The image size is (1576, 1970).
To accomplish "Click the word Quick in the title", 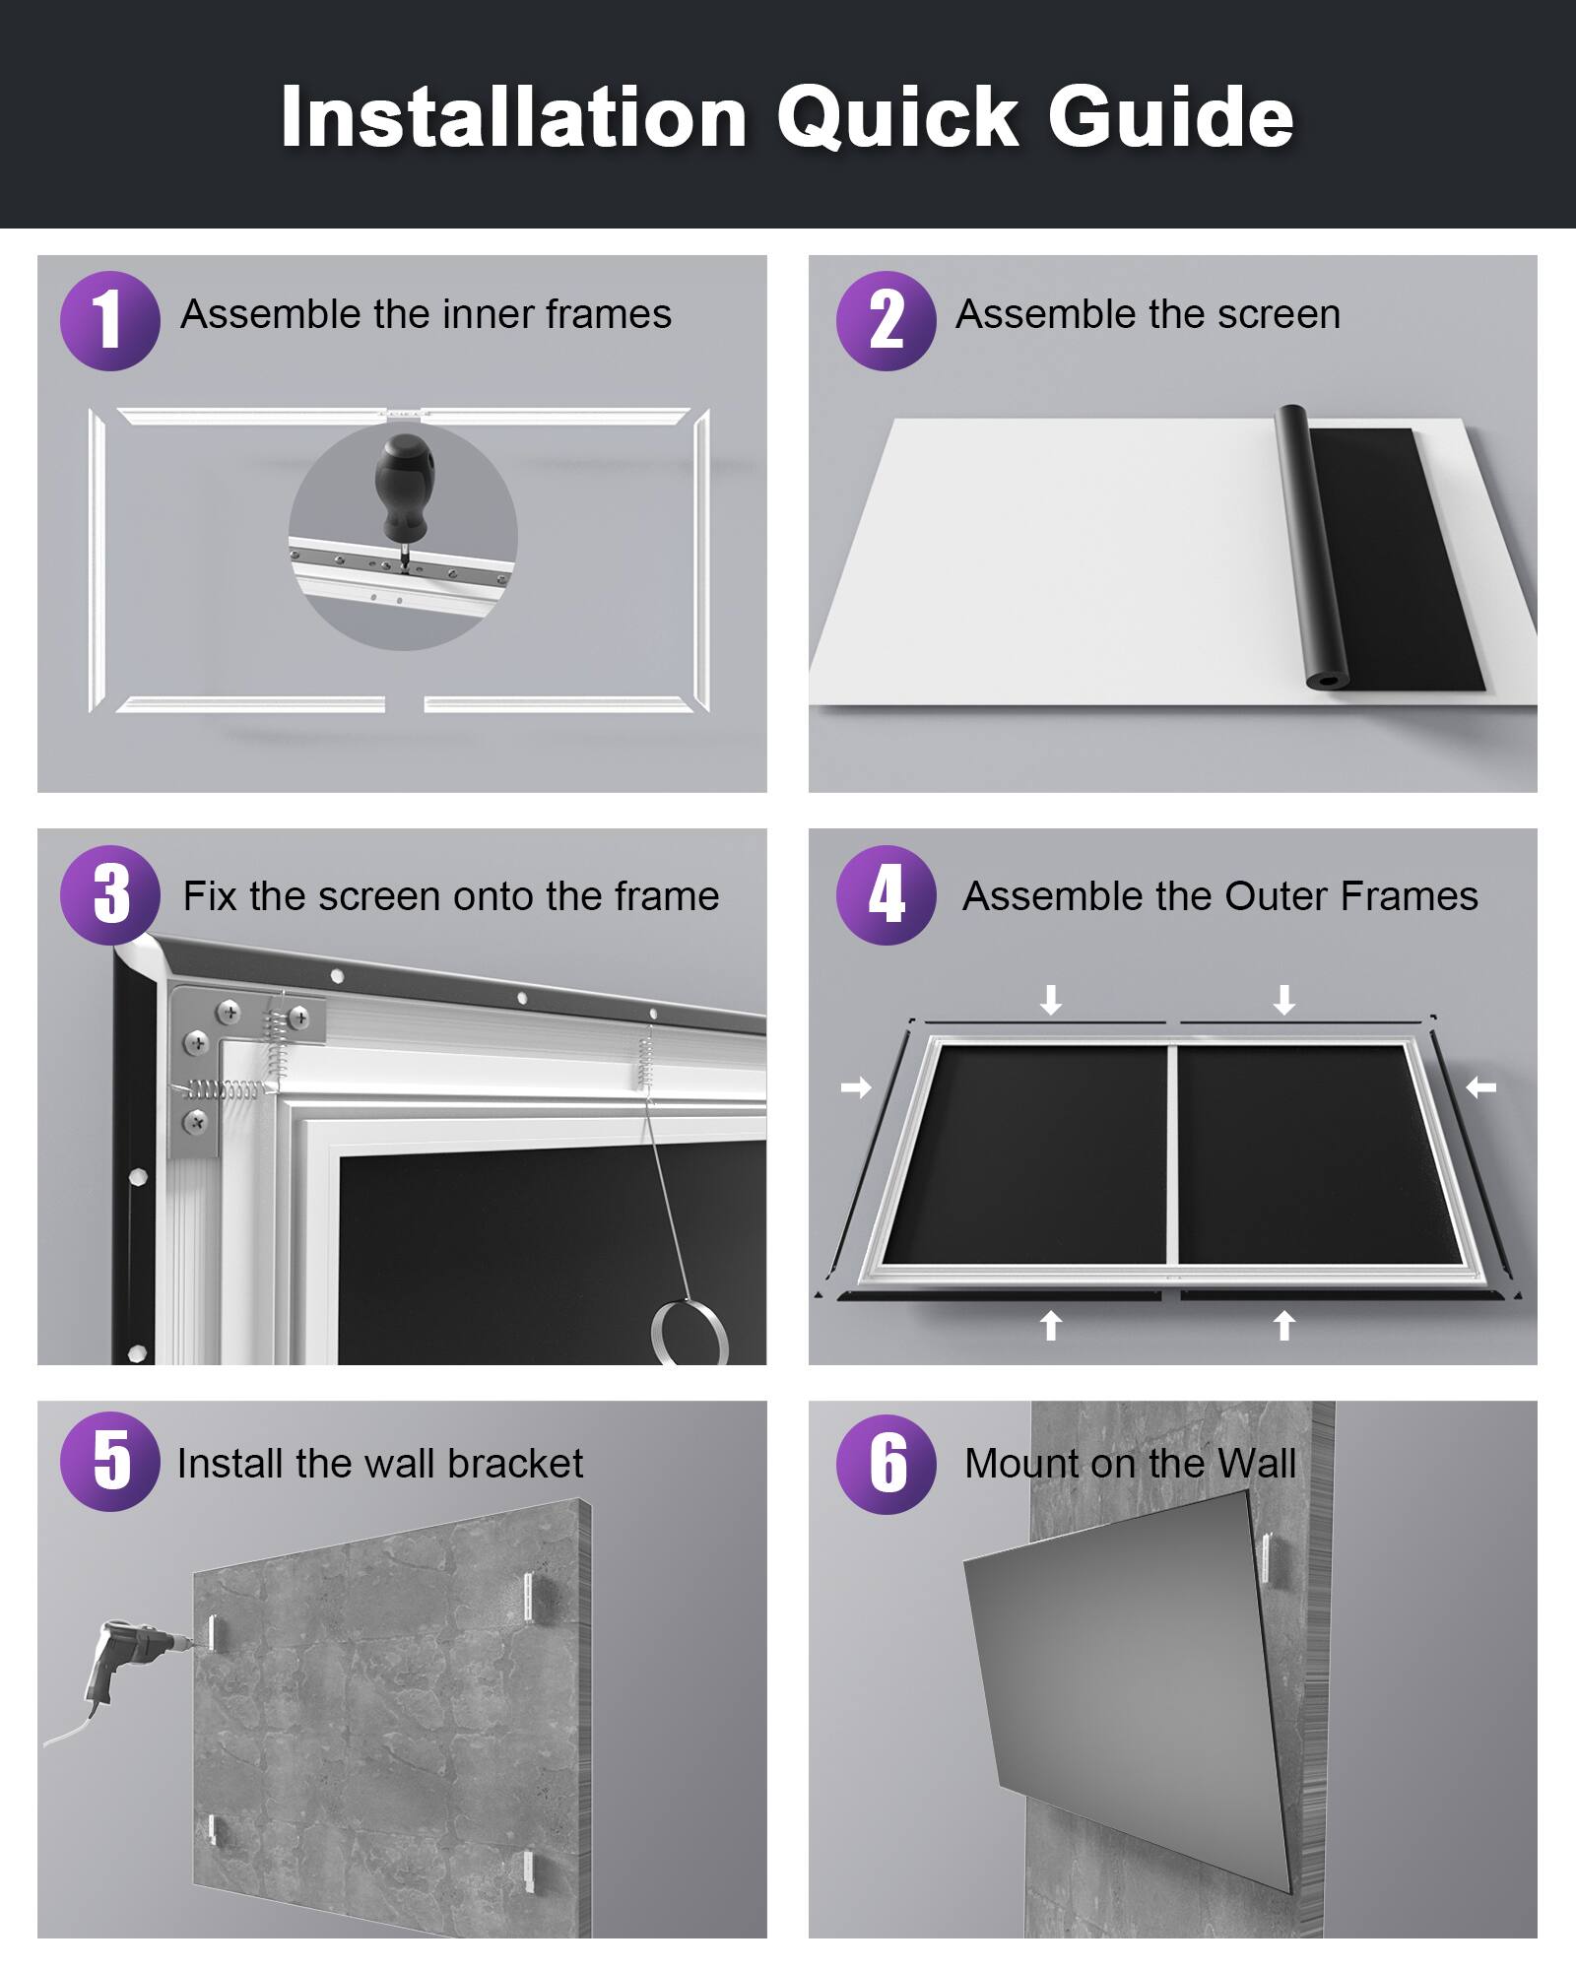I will coord(896,118).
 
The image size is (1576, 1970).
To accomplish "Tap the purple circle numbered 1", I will coord(109,320).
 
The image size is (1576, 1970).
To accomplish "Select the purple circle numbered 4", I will coord(886,894).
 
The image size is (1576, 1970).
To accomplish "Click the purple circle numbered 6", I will coord(886,1464).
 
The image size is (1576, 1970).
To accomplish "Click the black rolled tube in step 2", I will coord(1310,547).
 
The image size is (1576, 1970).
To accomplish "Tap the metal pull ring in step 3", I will coord(689,1333).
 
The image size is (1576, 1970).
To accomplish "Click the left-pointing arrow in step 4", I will coord(1480,1087).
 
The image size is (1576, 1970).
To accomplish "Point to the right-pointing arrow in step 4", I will coord(856,1087).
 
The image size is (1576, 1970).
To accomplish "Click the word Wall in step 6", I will coord(1257,1464).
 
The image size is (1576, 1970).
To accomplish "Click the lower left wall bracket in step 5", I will coord(211,1830).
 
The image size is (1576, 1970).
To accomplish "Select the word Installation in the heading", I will coord(512,118).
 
